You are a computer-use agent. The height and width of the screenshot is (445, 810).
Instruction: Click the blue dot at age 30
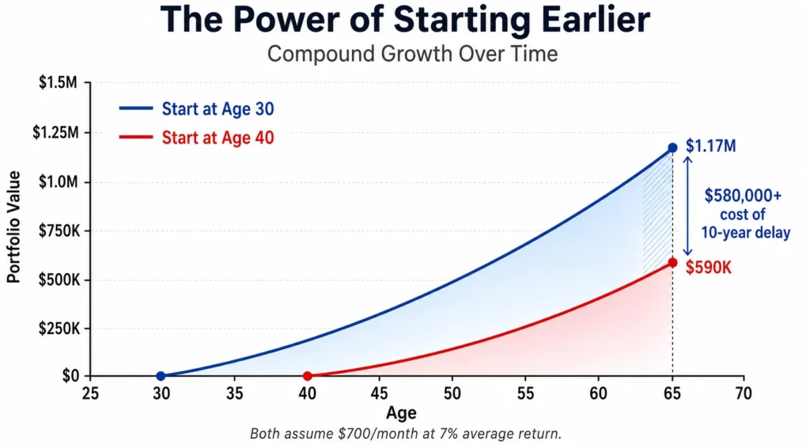click(161, 376)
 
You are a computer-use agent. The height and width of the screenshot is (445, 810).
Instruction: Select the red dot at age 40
click(307, 376)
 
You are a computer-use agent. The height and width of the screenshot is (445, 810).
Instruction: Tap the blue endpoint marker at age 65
click(672, 147)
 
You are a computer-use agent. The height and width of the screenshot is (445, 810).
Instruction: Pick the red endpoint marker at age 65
click(672, 262)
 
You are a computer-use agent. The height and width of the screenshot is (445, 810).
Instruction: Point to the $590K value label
click(709, 268)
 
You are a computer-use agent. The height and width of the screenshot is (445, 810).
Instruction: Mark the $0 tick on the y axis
click(70, 376)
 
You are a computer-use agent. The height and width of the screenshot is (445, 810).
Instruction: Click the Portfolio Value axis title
click(13, 230)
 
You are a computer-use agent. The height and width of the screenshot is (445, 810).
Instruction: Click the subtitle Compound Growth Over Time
click(412, 55)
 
